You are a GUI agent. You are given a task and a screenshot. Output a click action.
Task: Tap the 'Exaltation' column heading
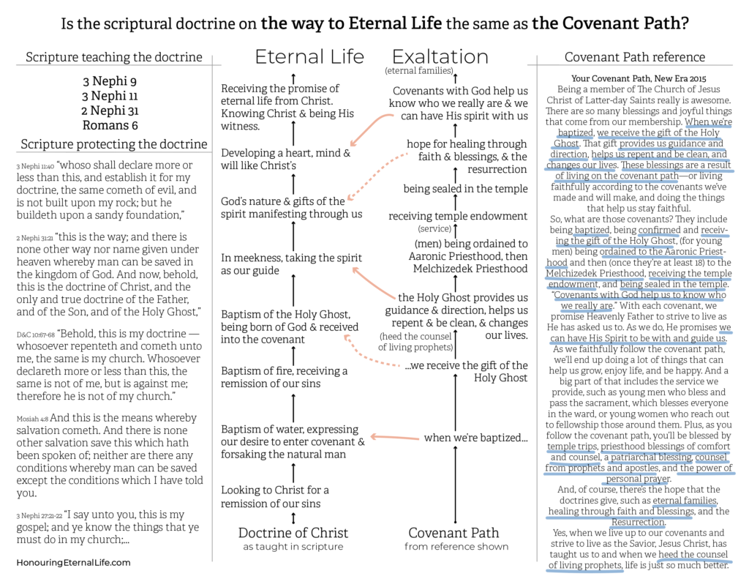tap(440, 57)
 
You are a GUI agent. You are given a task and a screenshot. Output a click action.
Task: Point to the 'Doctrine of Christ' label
tap(293, 532)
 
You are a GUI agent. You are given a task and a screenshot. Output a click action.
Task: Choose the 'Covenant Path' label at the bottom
tap(453, 532)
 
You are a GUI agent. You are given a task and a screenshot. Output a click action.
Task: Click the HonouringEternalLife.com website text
tap(73, 562)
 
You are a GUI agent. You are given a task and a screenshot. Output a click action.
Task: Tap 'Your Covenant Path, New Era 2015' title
tap(634, 78)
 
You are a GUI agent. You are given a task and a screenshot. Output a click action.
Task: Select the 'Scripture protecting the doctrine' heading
tap(114, 143)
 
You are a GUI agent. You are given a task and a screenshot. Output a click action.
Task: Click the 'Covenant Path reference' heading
tap(635, 57)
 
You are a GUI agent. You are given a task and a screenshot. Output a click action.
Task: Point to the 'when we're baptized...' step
tap(476, 438)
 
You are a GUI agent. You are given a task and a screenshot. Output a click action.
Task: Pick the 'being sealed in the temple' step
tap(465, 189)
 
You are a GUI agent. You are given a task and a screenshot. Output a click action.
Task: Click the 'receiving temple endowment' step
tap(458, 216)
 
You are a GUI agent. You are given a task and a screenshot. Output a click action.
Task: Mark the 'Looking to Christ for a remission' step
tap(275, 496)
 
